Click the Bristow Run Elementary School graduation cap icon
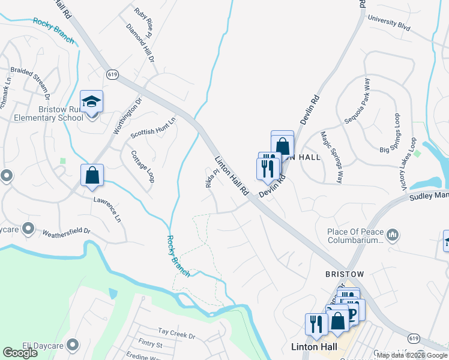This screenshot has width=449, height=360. pos(92,101)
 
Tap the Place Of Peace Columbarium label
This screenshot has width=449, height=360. pos(355,236)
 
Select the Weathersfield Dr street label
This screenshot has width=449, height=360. pos(65,230)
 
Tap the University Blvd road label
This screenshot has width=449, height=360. pos(388,22)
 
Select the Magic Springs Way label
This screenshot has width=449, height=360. pos(331,157)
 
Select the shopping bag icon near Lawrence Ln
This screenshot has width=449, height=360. pos(92,175)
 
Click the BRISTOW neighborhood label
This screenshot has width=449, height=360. pos(345,274)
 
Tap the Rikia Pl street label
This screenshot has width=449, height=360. pos(209,178)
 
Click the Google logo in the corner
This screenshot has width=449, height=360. pos(20,353)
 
